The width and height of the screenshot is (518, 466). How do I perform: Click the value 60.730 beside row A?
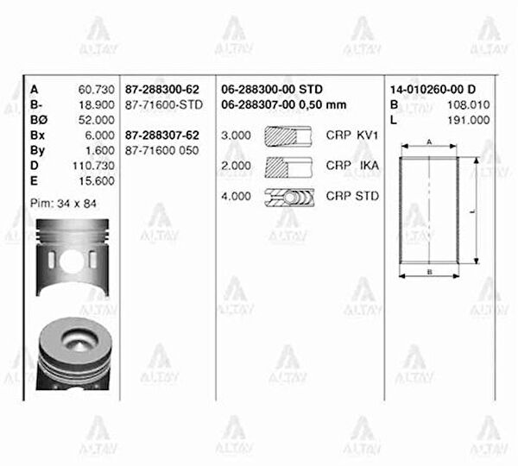click(96, 90)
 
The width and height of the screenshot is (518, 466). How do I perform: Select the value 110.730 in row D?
click(93, 166)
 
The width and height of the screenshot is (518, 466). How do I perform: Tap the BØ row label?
click(39, 120)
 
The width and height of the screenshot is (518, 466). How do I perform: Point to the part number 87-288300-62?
click(162, 90)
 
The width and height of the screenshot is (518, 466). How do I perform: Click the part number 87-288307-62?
click(162, 135)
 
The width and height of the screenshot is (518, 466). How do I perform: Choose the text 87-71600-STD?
click(164, 104)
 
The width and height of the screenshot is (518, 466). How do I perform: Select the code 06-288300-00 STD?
click(272, 90)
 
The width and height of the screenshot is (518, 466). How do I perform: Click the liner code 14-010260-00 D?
click(433, 90)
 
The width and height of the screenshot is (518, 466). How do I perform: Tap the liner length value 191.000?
click(469, 120)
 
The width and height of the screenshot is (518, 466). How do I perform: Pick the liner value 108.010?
click(469, 104)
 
